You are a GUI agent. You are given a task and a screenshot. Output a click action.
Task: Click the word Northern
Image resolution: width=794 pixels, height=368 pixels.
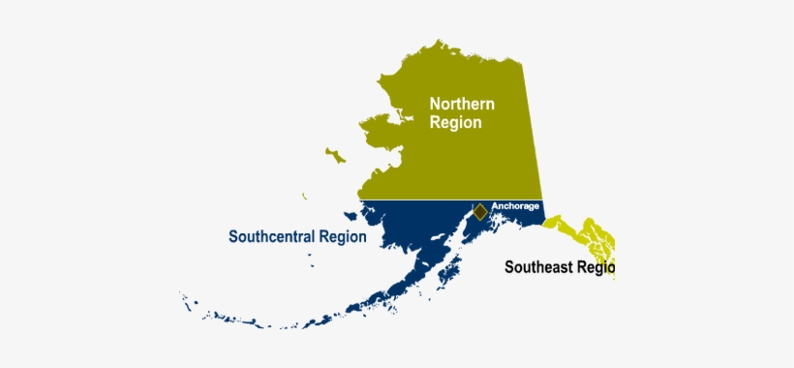click(x=462, y=104)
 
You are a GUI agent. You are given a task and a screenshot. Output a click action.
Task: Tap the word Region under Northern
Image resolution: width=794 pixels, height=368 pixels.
click(x=455, y=123)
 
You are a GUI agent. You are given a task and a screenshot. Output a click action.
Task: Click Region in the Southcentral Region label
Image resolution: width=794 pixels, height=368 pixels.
click(x=344, y=235)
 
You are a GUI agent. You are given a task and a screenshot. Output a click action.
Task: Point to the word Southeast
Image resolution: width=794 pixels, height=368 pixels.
click(x=539, y=267)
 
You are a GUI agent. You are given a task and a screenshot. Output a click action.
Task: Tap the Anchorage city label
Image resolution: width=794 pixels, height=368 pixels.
click(x=515, y=205)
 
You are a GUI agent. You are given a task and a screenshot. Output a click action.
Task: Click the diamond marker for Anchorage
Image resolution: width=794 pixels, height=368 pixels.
click(x=479, y=211)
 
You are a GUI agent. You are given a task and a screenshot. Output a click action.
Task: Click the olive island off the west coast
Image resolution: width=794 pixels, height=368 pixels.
click(x=335, y=155)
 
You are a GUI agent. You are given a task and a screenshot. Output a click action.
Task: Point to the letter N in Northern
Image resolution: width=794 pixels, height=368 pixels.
click(x=436, y=104)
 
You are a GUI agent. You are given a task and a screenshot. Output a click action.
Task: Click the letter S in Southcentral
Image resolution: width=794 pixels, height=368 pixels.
click(x=233, y=235)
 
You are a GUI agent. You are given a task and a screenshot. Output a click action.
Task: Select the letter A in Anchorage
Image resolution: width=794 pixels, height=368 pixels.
click(x=495, y=205)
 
